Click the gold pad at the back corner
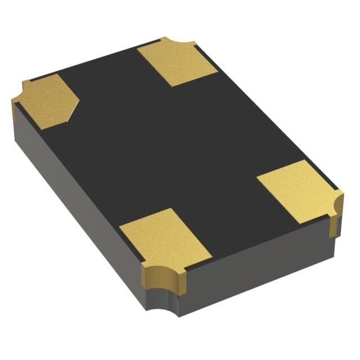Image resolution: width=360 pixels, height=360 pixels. tap(177, 62)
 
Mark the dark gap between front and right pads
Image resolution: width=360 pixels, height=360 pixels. tap(236, 225)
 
